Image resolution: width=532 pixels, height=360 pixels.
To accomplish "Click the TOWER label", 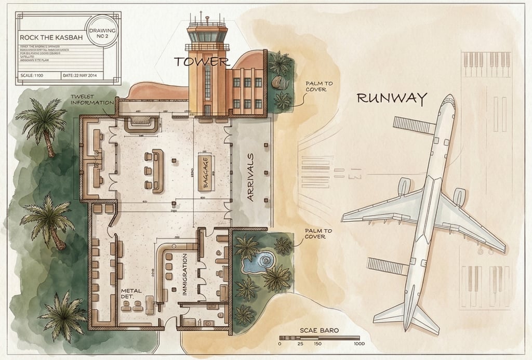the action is pos(202,62).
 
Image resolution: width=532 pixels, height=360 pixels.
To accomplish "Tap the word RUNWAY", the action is pos(392,98).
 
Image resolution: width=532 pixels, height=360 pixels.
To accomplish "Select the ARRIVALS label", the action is pos(251,177).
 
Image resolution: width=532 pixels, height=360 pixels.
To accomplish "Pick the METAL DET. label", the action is pos(131,294).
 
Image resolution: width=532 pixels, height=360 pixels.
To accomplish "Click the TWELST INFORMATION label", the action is pos(92,99).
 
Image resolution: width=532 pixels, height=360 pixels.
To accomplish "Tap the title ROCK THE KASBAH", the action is pos(50,37).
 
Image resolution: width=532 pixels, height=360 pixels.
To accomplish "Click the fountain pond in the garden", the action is pos(259,261).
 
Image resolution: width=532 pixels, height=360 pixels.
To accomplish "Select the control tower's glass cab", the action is pos(207,36).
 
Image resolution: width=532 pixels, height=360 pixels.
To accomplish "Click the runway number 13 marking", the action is pos(355,176).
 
